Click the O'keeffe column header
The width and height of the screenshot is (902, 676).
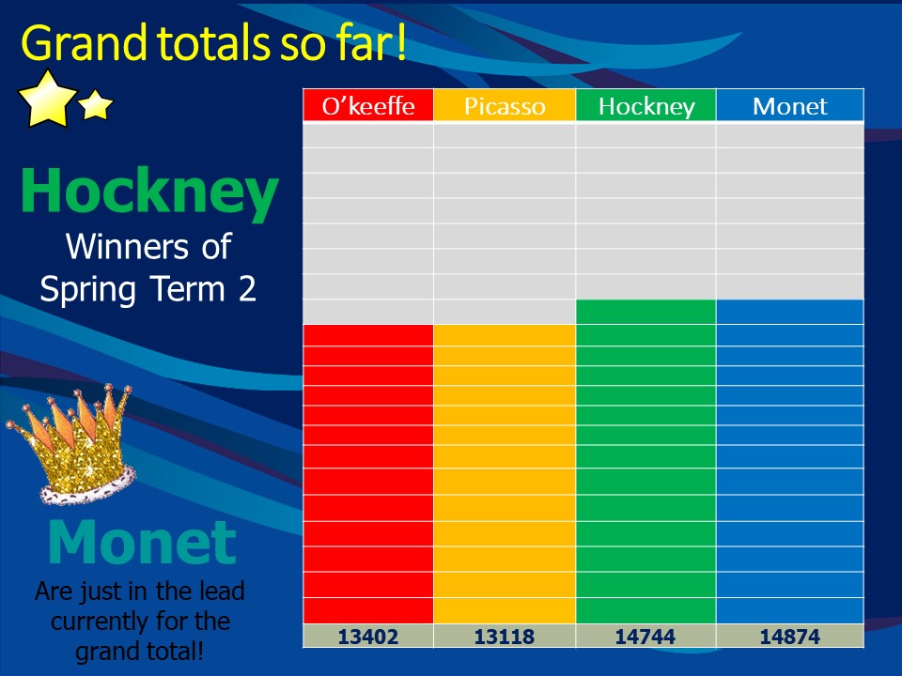pyautogui.click(x=368, y=106)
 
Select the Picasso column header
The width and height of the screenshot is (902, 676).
pyautogui.click(x=505, y=106)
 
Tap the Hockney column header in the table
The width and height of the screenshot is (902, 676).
pyautogui.click(x=646, y=106)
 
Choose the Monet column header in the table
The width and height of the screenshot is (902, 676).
pyautogui.click(x=790, y=106)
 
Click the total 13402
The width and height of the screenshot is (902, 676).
pyautogui.click(x=368, y=637)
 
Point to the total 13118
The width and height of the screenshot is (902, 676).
pyautogui.click(x=505, y=637)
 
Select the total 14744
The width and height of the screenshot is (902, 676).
pyautogui.click(x=645, y=637)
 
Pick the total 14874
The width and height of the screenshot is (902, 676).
pyautogui.click(x=790, y=637)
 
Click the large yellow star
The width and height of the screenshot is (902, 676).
pyautogui.click(x=48, y=99)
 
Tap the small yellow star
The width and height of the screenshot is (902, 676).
pyautogui.click(x=96, y=104)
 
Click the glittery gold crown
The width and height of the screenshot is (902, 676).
pyautogui.click(x=73, y=445)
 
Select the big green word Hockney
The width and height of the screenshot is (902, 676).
pyautogui.click(x=149, y=192)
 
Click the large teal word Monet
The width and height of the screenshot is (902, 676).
pyautogui.click(x=142, y=542)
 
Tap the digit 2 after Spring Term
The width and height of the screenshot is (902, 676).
pyautogui.click(x=247, y=288)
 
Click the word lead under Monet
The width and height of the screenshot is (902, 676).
pyautogui.click(x=222, y=591)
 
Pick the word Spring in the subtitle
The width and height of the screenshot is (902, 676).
pyautogui.click(x=87, y=290)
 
